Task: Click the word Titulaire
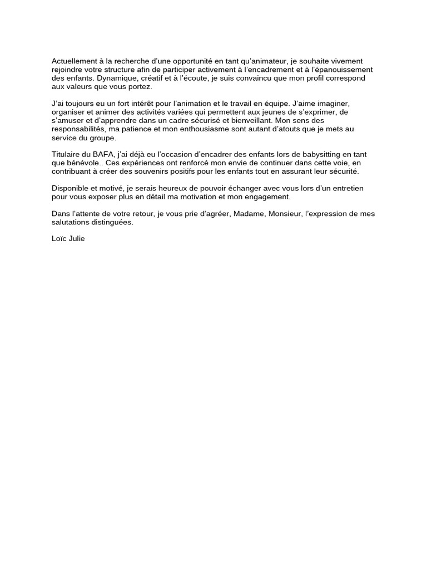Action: coord(67,154)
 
